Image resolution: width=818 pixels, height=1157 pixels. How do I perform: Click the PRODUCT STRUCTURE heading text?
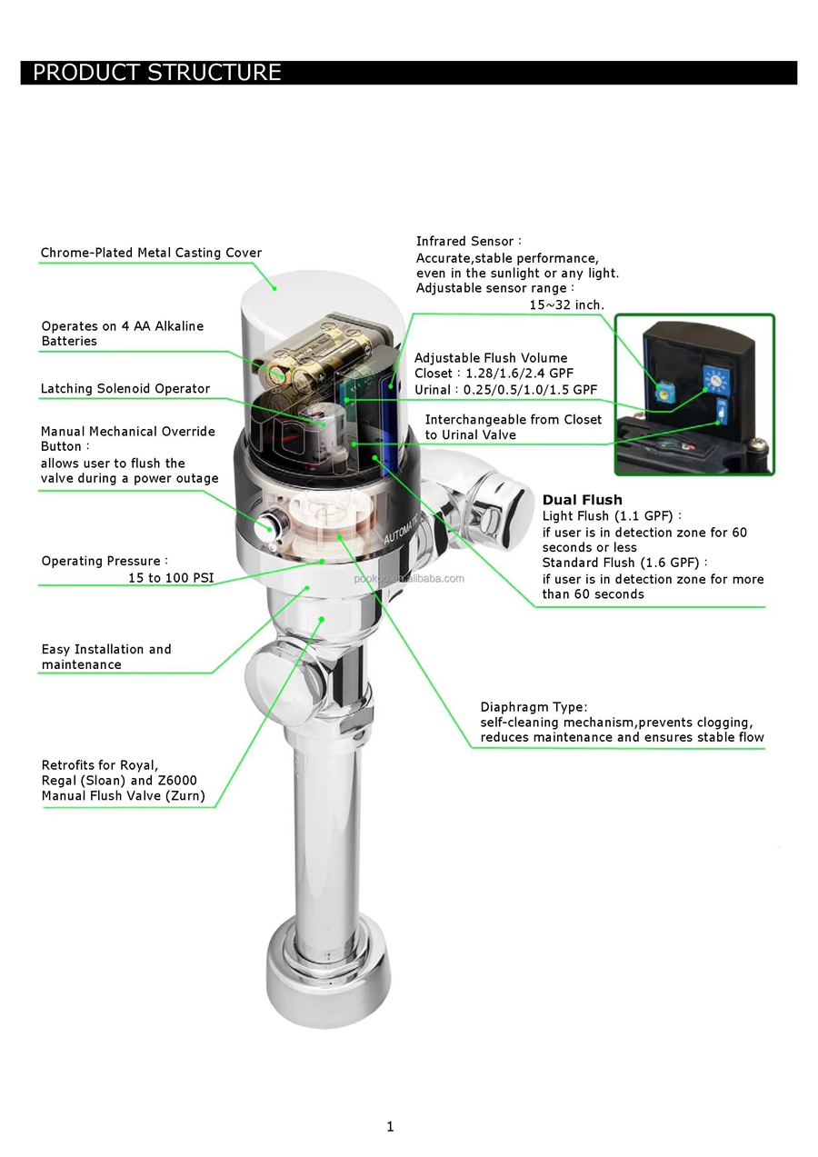(x=157, y=73)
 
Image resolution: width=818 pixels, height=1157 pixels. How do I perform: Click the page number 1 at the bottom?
(x=390, y=1126)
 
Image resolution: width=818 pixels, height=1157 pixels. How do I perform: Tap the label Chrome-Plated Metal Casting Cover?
(x=151, y=253)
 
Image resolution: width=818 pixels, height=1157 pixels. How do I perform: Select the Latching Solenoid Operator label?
(x=125, y=388)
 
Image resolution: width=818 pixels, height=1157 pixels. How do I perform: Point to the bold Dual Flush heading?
(x=582, y=500)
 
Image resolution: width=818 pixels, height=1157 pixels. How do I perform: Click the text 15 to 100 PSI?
(x=171, y=577)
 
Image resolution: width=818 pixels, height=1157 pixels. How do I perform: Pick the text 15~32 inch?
(x=566, y=304)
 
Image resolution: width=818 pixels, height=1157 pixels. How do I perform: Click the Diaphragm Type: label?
(x=534, y=706)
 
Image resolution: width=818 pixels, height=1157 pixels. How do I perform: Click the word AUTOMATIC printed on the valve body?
(x=402, y=529)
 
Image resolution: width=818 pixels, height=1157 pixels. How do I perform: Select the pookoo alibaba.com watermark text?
(x=409, y=578)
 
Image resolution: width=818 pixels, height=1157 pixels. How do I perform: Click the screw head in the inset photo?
(x=757, y=444)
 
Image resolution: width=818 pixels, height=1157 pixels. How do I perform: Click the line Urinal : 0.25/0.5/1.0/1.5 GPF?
(x=505, y=390)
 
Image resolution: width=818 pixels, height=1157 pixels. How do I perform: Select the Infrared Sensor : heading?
(x=468, y=241)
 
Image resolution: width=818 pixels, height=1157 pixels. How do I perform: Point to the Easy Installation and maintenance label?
(x=106, y=656)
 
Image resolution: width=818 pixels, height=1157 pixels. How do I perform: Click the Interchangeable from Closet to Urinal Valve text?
(x=514, y=426)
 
